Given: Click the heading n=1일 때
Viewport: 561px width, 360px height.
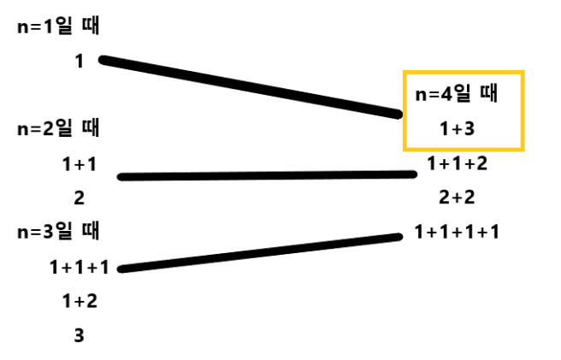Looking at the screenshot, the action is [58, 27].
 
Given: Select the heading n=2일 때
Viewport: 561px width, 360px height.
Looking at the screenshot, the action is [58, 129].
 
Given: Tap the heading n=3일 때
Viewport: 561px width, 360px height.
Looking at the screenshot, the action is [58, 231].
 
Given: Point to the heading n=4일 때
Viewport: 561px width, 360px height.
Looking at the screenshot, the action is [457, 94].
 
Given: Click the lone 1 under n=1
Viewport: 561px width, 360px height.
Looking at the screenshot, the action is [79, 62].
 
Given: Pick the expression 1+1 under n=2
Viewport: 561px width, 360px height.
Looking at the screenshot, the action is [79, 163].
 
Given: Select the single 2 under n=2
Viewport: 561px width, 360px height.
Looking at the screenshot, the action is [79, 198].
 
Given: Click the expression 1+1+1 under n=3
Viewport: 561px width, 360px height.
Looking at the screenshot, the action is [79, 267].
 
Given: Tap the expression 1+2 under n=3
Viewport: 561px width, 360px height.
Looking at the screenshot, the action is [79, 301].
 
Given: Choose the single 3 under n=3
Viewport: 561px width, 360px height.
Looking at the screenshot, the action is [79, 335].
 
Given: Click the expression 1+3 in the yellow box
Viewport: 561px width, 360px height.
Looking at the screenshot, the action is [457, 128].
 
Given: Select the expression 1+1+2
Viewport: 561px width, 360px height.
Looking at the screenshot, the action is [457, 163].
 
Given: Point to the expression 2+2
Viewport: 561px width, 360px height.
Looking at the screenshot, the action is [457, 198].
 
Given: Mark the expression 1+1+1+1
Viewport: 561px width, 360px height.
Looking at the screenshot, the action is [457, 231].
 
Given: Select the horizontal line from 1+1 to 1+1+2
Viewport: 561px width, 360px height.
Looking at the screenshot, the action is [267, 175].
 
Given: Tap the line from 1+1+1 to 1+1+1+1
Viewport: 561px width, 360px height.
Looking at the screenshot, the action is [261, 252].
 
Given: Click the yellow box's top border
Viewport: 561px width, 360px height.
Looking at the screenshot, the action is [463, 73].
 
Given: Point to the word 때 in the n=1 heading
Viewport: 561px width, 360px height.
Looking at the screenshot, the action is [89, 27].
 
